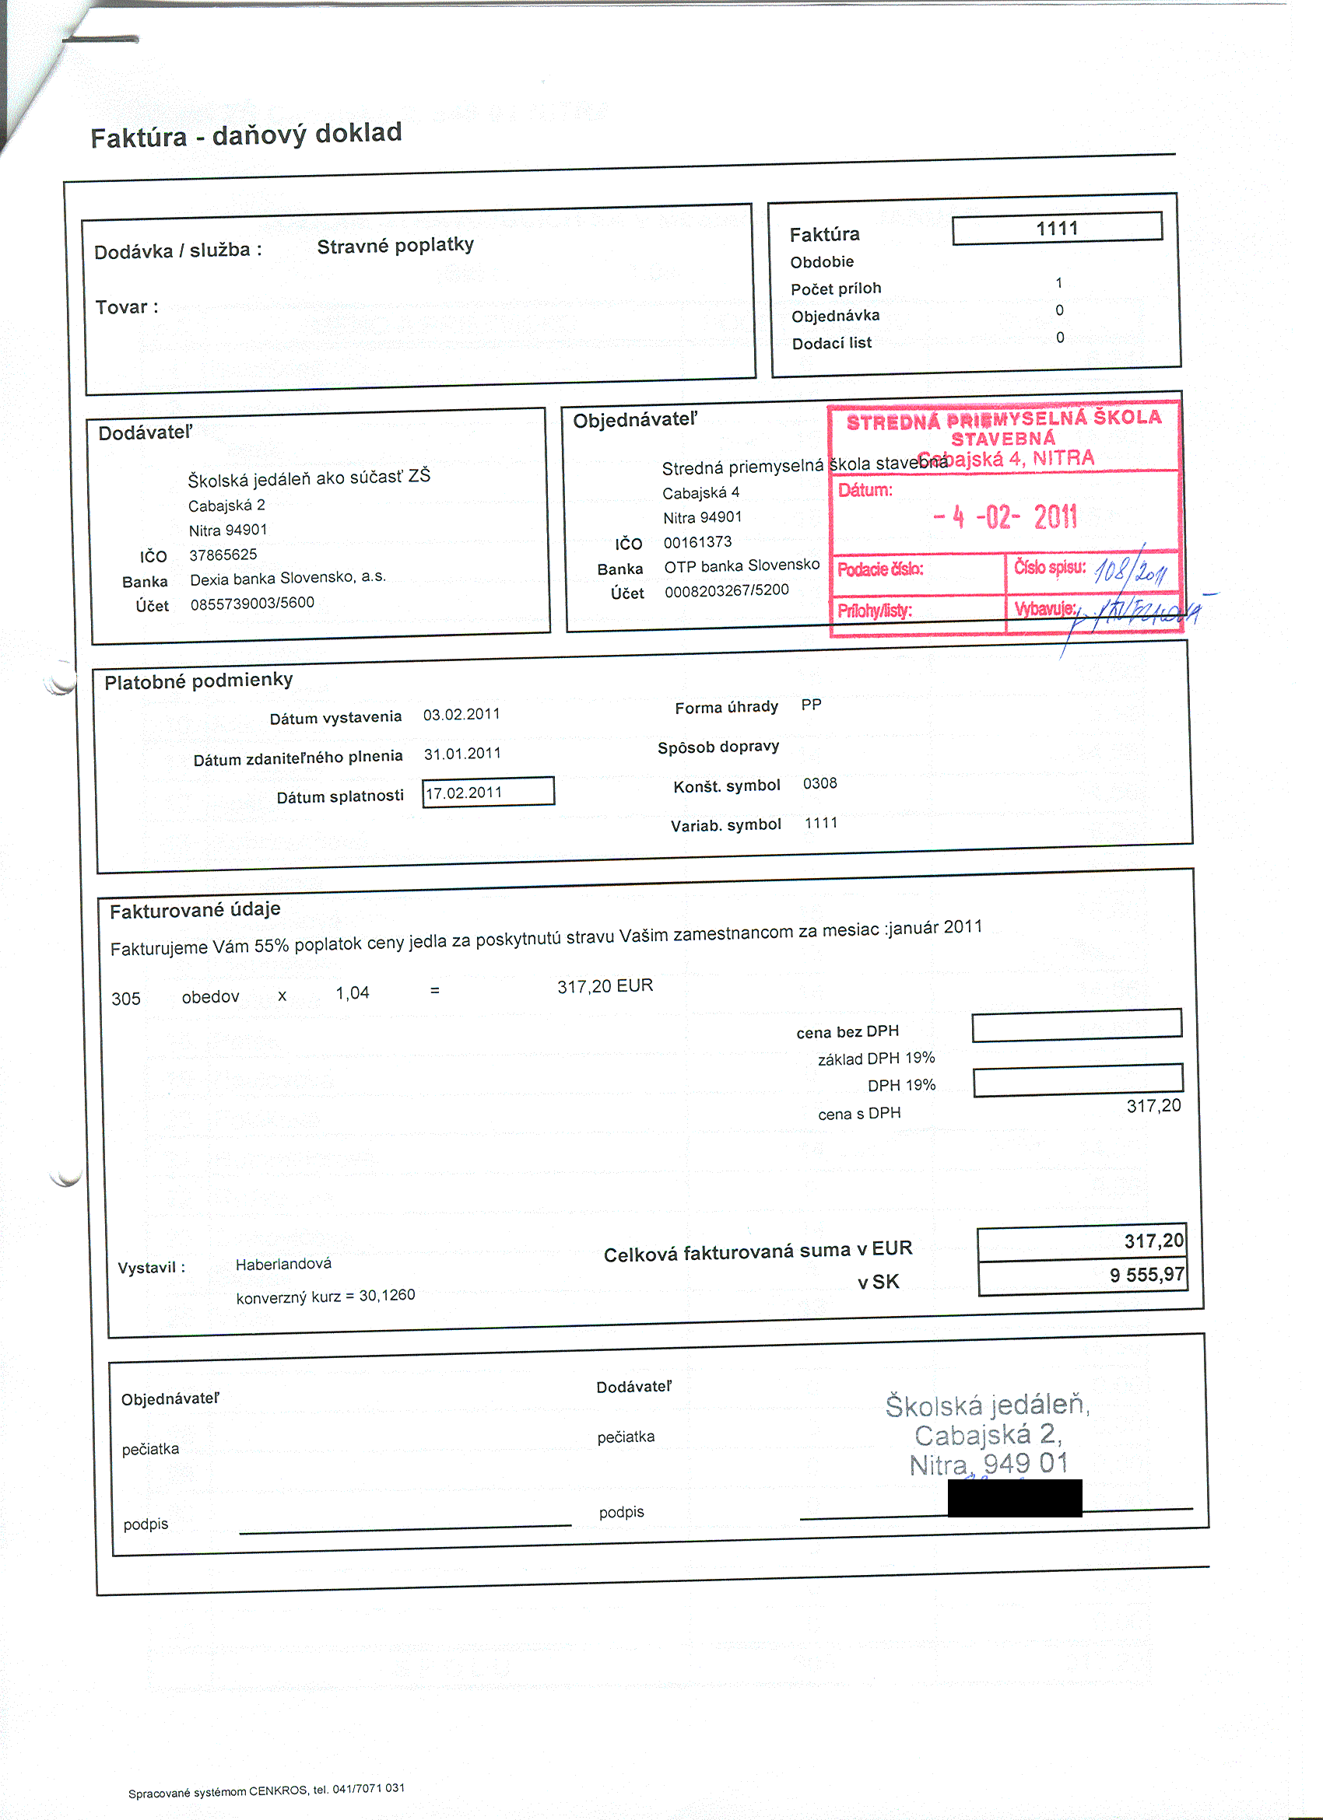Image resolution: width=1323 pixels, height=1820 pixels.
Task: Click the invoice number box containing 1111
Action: [x=1057, y=228]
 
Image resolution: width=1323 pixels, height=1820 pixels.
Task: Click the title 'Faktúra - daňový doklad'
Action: [x=246, y=135]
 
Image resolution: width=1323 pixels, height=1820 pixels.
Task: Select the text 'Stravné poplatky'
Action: [x=395, y=246]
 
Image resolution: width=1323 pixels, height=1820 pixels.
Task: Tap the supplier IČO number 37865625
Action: [x=223, y=555]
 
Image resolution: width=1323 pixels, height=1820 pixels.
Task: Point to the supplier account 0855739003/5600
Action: [x=252, y=603]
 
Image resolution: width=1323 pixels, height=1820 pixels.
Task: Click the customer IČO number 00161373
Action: [x=697, y=541]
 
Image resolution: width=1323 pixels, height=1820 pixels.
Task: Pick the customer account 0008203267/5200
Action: [x=727, y=590]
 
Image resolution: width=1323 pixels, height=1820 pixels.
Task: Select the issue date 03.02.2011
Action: [x=461, y=714]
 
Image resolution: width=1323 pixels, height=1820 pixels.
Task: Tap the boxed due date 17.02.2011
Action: [x=487, y=792]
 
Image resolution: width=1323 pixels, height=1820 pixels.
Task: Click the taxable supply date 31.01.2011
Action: [x=462, y=754]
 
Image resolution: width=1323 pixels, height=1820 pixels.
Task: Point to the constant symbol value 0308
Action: [x=819, y=783]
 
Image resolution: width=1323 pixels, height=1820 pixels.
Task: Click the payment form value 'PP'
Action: [x=811, y=705]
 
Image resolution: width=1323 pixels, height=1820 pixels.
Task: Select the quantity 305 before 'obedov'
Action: [x=126, y=998]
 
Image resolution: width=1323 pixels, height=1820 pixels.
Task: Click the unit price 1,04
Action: [x=353, y=992]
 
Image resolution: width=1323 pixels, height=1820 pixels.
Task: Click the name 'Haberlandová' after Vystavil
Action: [x=283, y=1264]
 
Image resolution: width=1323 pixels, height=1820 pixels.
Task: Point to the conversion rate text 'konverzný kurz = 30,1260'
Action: [x=325, y=1296]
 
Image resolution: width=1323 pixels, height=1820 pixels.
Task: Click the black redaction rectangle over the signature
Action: [x=1015, y=1497]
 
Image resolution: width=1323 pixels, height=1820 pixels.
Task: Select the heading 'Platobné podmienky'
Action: [x=198, y=681]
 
